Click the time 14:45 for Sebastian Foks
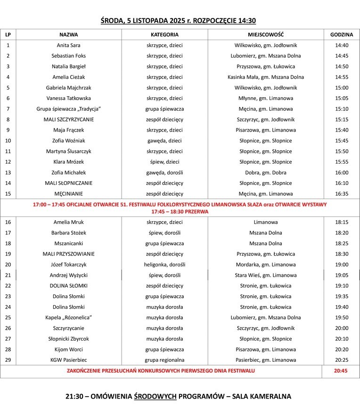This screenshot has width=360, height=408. click(x=342, y=56)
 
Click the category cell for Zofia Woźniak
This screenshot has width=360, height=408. click(x=164, y=141)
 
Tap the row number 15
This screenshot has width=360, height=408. click(x=8, y=194)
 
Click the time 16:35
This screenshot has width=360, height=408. click(x=342, y=194)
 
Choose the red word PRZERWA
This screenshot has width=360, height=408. click(x=196, y=212)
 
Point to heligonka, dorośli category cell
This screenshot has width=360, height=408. click(x=164, y=265)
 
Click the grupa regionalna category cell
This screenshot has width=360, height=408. click(x=164, y=360)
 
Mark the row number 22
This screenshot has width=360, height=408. click(x=8, y=286)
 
